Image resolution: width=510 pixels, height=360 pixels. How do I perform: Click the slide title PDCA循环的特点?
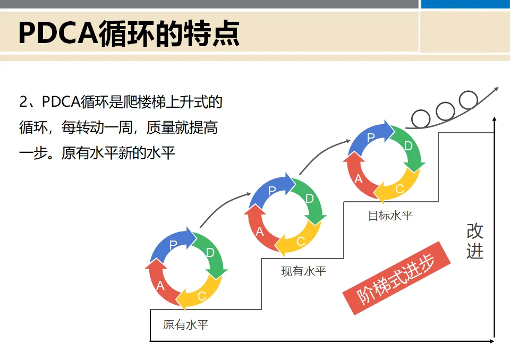pyautogui.click(x=129, y=33)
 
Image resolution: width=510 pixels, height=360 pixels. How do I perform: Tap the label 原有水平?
pyautogui.click(x=185, y=324)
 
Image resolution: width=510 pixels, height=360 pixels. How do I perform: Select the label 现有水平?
pyautogui.click(x=303, y=271)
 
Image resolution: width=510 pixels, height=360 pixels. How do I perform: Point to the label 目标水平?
pyautogui.click(x=390, y=216)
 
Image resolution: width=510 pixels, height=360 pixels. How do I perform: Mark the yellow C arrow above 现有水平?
pyautogui.click(x=300, y=241)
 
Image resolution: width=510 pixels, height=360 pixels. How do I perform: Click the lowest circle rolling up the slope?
pyautogui.click(x=421, y=119)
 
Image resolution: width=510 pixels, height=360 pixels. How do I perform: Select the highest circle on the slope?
pyautogui.click(x=468, y=100)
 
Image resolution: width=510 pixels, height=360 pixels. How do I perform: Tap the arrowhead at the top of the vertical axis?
pyautogui.click(x=495, y=120)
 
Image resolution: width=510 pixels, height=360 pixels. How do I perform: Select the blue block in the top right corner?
pyautogui.click(x=465, y=4)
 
